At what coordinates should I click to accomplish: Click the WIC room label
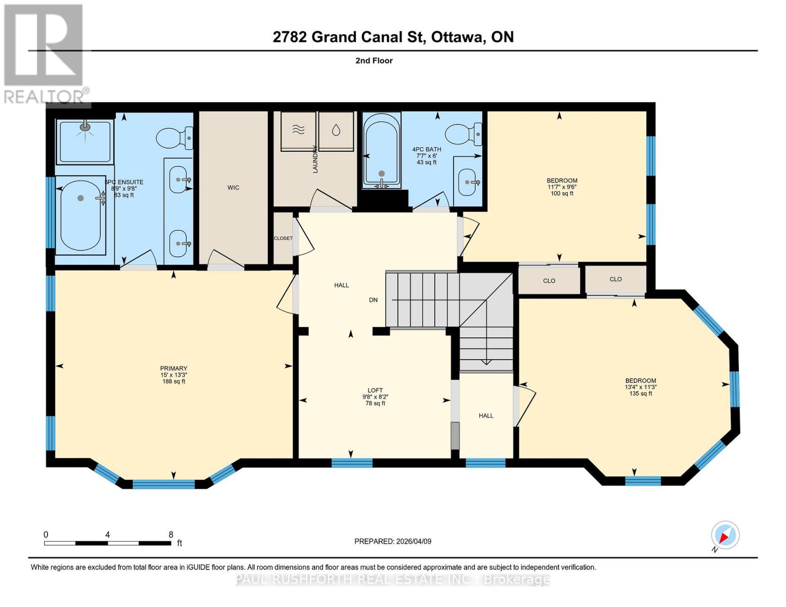point(233,188)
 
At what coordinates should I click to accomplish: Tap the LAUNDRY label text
point(315,159)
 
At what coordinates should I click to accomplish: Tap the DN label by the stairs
point(373,300)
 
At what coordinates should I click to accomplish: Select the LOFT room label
point(375,390)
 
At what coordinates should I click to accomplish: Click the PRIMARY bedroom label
point(174,368)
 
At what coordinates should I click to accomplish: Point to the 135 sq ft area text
point(640,394)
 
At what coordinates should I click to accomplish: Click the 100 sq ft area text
point(562,194)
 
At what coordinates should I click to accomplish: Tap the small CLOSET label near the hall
point(283,238)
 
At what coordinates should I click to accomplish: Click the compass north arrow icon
point(725,535)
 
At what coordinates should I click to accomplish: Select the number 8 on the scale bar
point(171,535)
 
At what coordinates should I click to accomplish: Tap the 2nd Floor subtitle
point(374,61)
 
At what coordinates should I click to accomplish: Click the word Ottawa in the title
point(457,37)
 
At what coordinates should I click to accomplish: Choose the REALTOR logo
point(45,54)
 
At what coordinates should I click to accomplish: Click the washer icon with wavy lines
point(299,130)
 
